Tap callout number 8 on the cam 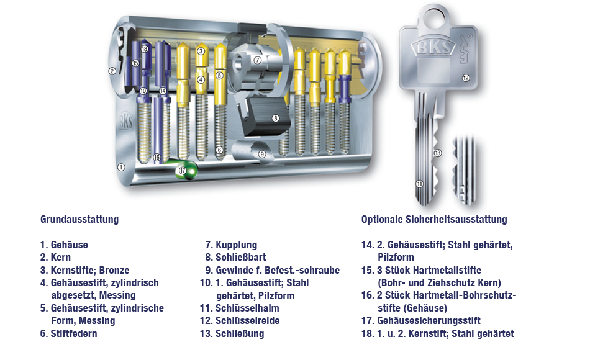pyautogui.click(x=275, y=118)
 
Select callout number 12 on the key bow pyautogui.click(x=466, y=78)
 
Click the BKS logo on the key pyautogui.click(x=433, y=47)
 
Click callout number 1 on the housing pyautogui.click(x=120, y=167)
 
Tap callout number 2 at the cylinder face pyautogui.click(x=112, y=70)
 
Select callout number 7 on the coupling pyautogui.click(x=257, y=60)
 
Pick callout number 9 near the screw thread pyautogui.click(x=262, y=154)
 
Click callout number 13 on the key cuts pyautogui.click(x=438, y=153)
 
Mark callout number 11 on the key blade pyautogui.click(x=420, y=184)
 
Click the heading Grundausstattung pyautogui.click(x=79, y=219)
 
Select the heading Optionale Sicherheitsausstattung pyautogui.click(x=434, y=219)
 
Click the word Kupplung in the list pyautogui.click(x=236, y=245)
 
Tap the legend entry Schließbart pyautogui.click(x=241, y=258)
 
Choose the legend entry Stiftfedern pyautogui.click(x=74, y=333)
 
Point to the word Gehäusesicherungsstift pyautogui.click(x=429, y=320)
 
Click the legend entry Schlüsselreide pyautogui.click(x=248, y=320)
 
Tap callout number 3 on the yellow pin pyautogui.click(x=201, y=51)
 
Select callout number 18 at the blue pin pyautogui.click(x=145, y=48)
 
